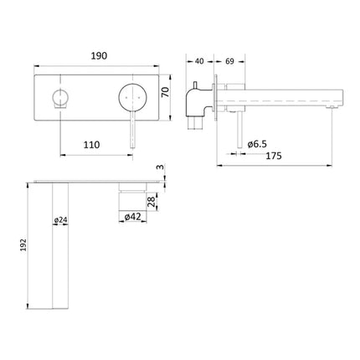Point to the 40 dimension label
[x=199, y=61]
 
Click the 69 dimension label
[x=228, y=61]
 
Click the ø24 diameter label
[x=61, y=220]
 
